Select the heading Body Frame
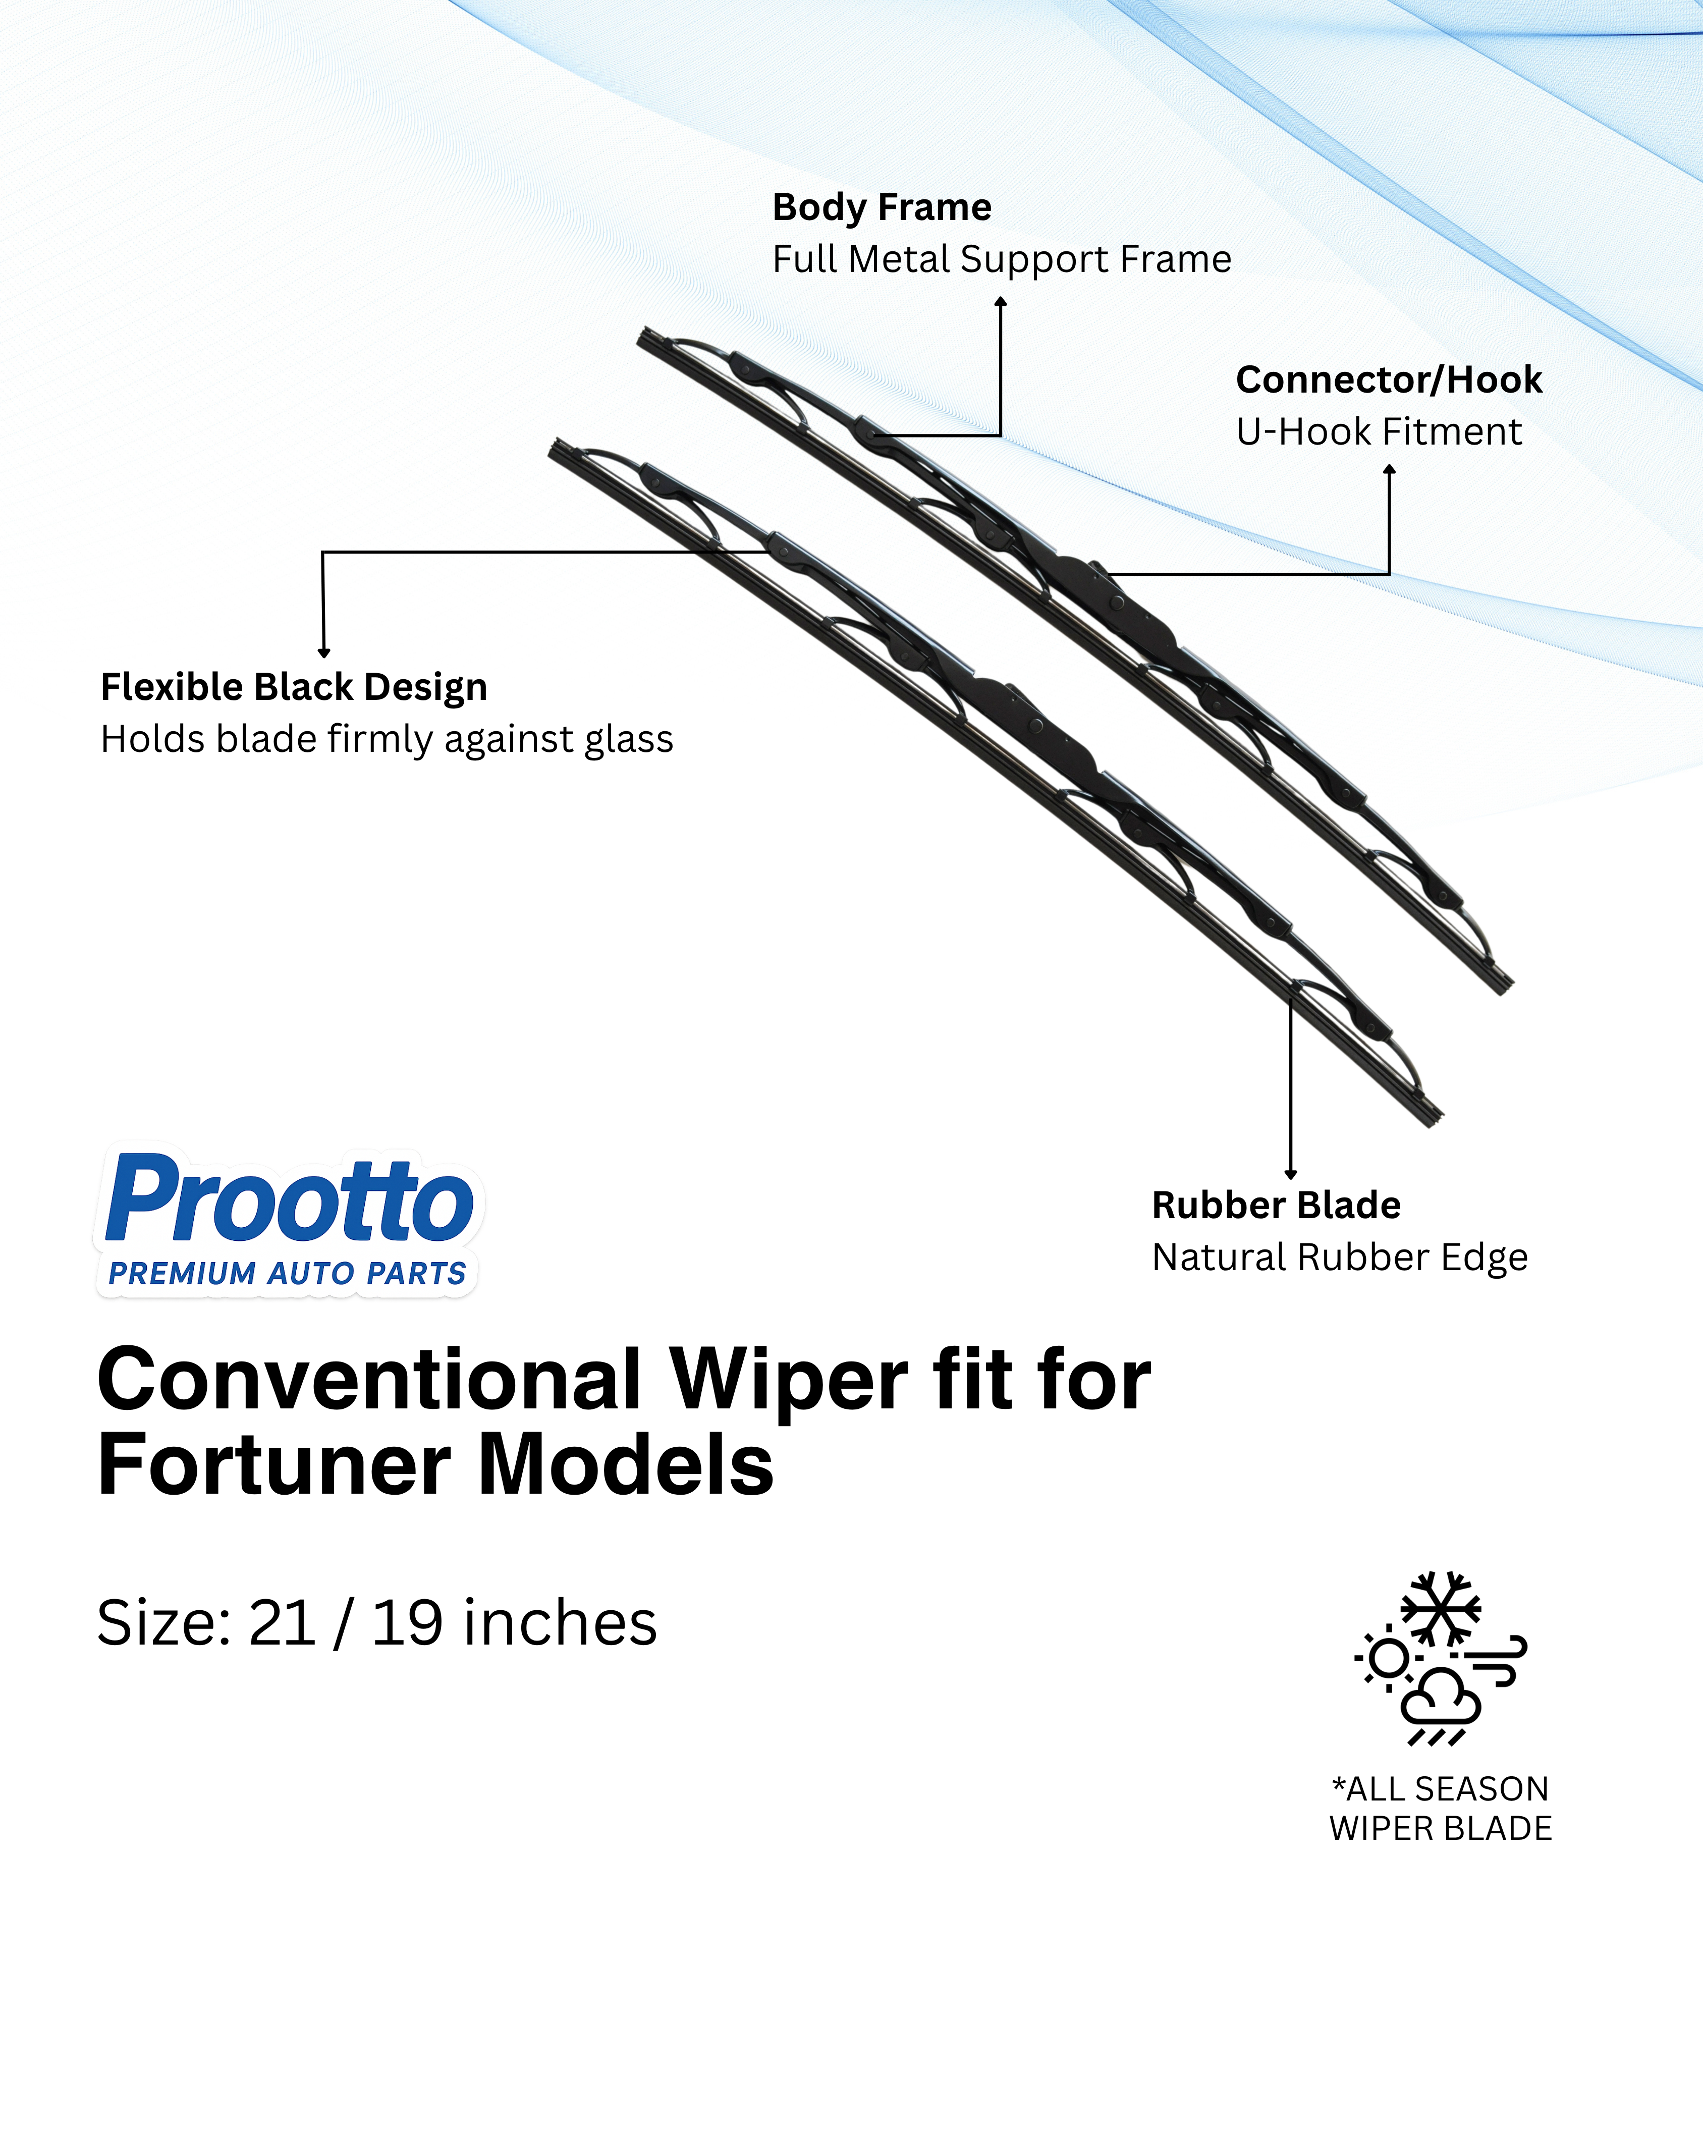point(882,207)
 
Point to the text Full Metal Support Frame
point(1001,259)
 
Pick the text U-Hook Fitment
point(1378,431)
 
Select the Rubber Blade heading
point(1276,1205)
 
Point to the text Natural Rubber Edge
point(1340,1257)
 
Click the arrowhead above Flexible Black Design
point(324,652)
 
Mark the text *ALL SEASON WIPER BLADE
point(1441,1808)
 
